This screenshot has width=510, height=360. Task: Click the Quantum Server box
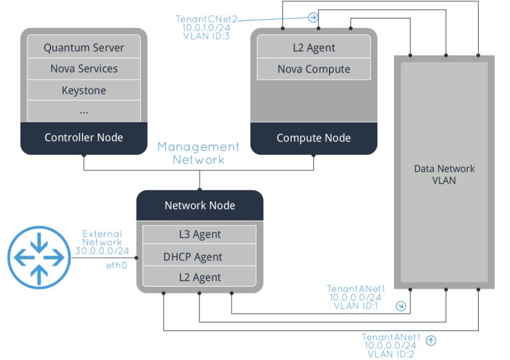coord(84,48)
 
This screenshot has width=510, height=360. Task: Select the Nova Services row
coord(84,69)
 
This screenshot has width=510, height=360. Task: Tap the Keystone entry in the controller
coord(84,90)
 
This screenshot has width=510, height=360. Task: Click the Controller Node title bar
coord(84,138)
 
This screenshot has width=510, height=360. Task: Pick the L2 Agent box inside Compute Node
coord(313,48)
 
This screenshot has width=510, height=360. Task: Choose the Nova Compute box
coord(313,69)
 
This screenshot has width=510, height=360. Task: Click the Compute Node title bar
coord(313,138)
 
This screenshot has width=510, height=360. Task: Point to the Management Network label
coord(198,153)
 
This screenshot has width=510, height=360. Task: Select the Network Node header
coord(200,205)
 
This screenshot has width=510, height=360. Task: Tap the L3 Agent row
coord(200,234)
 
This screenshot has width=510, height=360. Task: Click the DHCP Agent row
coord(200,257)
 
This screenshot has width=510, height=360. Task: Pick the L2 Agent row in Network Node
coord(200,277)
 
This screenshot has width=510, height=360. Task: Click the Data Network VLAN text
coord(444,174)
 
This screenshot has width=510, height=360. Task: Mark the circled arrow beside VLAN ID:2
coord(431,340)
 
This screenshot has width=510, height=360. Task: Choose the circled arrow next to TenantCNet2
coord(312,17)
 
